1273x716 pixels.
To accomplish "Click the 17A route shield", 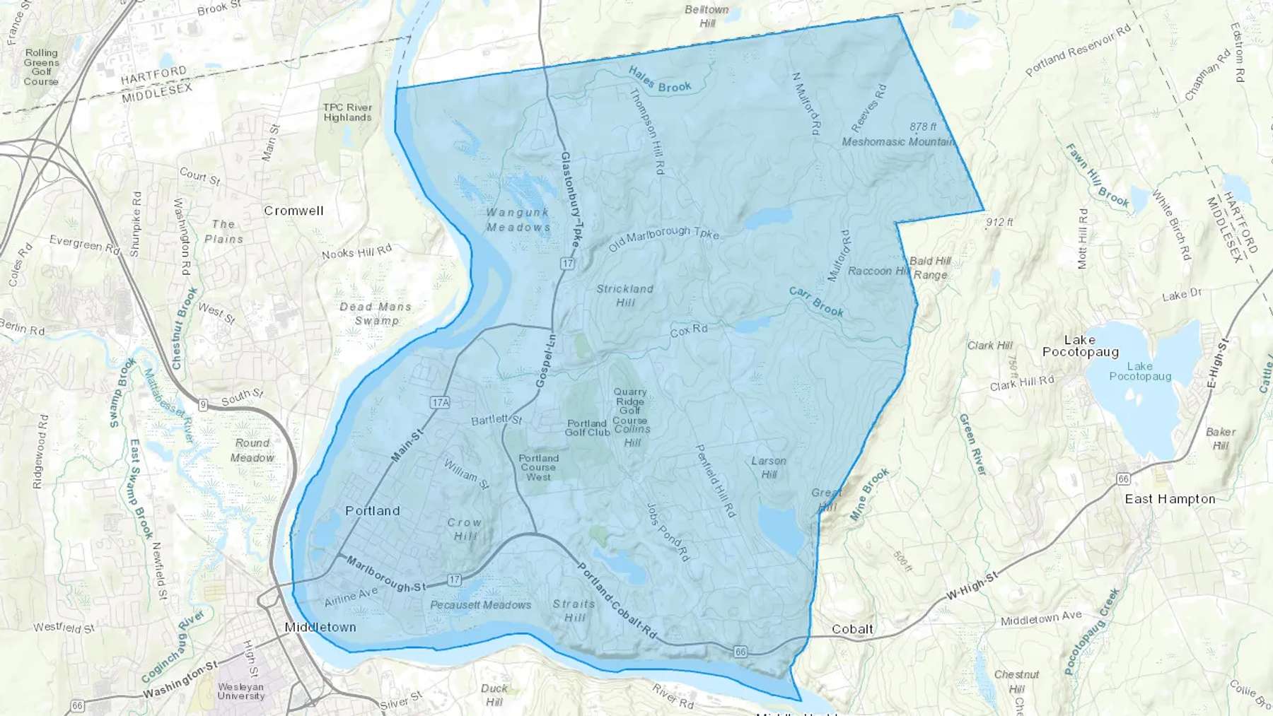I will click(440, 402).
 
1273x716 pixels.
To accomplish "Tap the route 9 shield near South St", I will click(203, 405).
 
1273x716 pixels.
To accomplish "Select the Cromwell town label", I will click(293, 211).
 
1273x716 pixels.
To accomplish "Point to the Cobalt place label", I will click(852, 629).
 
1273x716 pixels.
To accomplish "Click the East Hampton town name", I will click(1170, 499).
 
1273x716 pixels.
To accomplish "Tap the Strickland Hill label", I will click(625, 295).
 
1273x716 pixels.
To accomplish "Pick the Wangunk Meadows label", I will click(518, 220).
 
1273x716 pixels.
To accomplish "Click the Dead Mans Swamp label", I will click(376, 313).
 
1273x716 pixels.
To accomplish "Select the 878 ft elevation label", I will click(923, 127).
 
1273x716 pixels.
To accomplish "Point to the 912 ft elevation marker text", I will click(999, 222).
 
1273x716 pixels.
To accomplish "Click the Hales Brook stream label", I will click(660, 80).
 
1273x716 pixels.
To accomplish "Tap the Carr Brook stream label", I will click(816, 302).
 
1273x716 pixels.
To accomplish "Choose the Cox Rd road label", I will click(689, 330).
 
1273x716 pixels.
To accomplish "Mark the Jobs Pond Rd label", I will click(667, 532).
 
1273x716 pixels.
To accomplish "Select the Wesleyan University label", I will click(240, 691).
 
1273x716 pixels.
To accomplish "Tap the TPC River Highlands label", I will click(347, 112).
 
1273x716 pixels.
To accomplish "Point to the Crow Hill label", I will click(464, 529).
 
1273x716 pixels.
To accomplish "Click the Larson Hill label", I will click(769, 467).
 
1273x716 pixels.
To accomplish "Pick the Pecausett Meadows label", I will click(480, 605).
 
